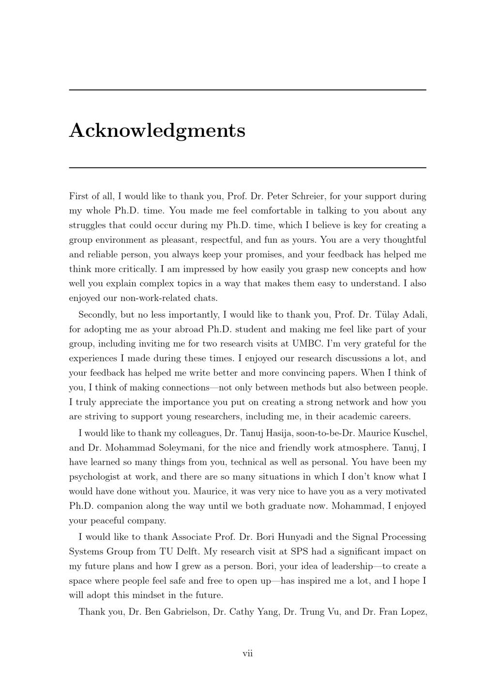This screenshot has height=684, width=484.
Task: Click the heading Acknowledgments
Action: pos(157,131)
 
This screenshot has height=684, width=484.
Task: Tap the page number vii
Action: pos(247,654)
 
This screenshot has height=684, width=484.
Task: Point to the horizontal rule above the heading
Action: pos(247,90)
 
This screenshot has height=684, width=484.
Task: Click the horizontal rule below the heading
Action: pos(247,167)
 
